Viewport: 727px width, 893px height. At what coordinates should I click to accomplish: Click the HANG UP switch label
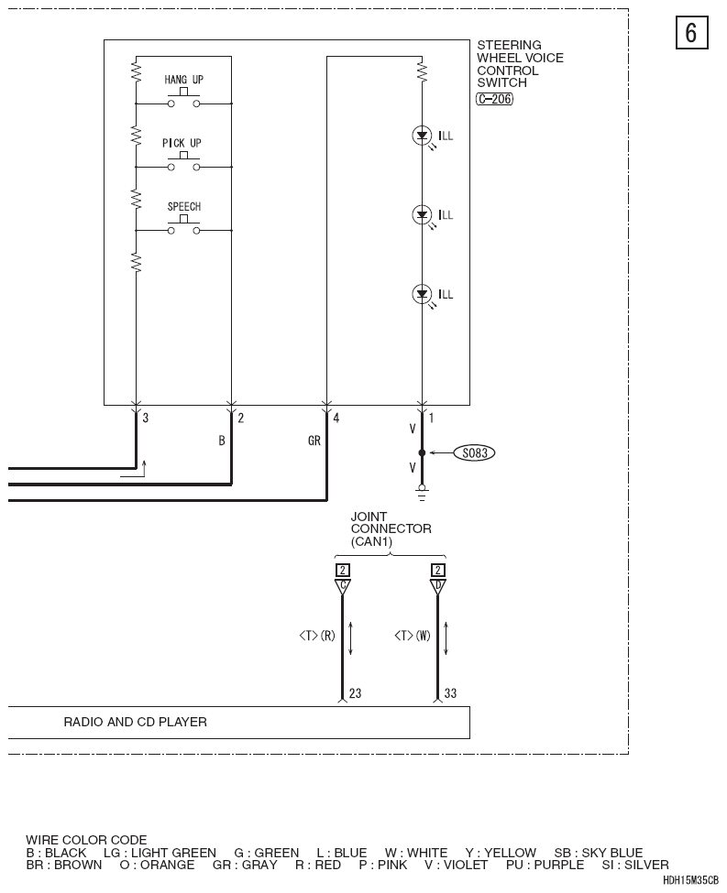click(x=183, y=80)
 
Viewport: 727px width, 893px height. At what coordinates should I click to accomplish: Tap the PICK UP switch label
click(x=182, y=143)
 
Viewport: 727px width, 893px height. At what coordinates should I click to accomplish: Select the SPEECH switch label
click(x=184, y=206)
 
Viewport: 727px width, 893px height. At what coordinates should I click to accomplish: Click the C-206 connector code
click(x=494, y=99)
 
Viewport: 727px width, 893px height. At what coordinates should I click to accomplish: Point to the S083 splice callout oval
click(x=474, y=452)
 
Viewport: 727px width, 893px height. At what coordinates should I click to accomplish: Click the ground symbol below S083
click(x=422, y=493)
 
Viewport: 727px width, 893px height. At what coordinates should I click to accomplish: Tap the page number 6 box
click(x=691, y=32)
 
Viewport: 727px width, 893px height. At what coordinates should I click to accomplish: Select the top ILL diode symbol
click(x=422, y=136)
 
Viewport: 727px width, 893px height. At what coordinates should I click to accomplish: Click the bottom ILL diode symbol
click(x=422, y=294)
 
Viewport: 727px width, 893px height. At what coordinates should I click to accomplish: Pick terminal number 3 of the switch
click(x=146, y=418)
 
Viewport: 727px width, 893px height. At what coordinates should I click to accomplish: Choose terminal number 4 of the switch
click(x=336, y=418)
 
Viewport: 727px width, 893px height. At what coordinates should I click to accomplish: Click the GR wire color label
click(x=314, y=441)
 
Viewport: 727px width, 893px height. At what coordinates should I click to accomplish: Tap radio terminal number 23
click(x=355, y=693)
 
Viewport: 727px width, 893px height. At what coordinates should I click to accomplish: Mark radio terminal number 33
click(x=450, y=693)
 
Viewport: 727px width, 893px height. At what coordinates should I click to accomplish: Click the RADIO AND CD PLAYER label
click(x=135, y=722)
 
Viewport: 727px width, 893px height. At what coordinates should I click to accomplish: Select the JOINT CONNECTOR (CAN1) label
click(x=391, y=528)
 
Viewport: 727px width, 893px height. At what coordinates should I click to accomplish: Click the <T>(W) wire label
click(x=413, y=635)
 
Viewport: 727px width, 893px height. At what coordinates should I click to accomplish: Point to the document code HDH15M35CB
click(x=690, y=880)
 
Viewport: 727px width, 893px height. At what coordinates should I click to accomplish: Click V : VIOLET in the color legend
click(x=457, y=865)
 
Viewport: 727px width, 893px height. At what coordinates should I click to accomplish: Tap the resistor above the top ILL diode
click(x=422, y=71)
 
